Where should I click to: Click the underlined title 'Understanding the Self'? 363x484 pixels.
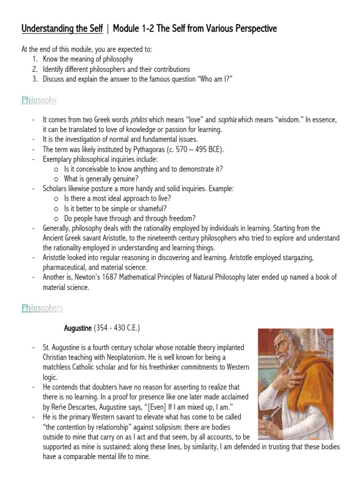[62, 29]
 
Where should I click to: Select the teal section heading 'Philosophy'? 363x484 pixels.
[39, 100]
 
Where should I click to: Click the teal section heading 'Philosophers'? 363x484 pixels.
[42, 308]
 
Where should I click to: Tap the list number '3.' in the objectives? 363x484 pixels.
[36, 79]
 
